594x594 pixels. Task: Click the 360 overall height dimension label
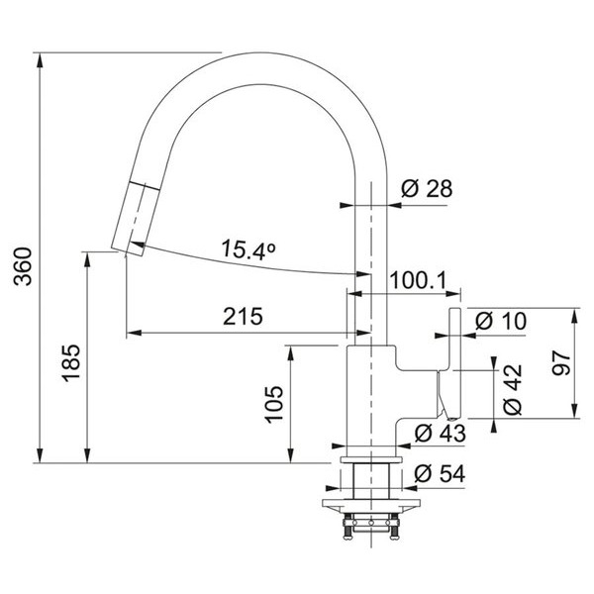(x=23, y=266)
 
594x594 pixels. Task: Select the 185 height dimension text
(x=71, y=362)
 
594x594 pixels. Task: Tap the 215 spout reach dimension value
(x=243, y=316)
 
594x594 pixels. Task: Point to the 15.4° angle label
(x=248, y=249)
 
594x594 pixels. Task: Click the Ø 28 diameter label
(x=427, y=188)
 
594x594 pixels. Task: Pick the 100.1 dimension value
(x=419, y=280)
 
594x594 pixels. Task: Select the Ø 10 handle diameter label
(x=501, y=321)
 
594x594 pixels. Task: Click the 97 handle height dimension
(x=561, y=362)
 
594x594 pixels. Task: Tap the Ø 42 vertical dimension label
(x=513, y=389)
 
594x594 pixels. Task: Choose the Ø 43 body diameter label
(x=440, y=433)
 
